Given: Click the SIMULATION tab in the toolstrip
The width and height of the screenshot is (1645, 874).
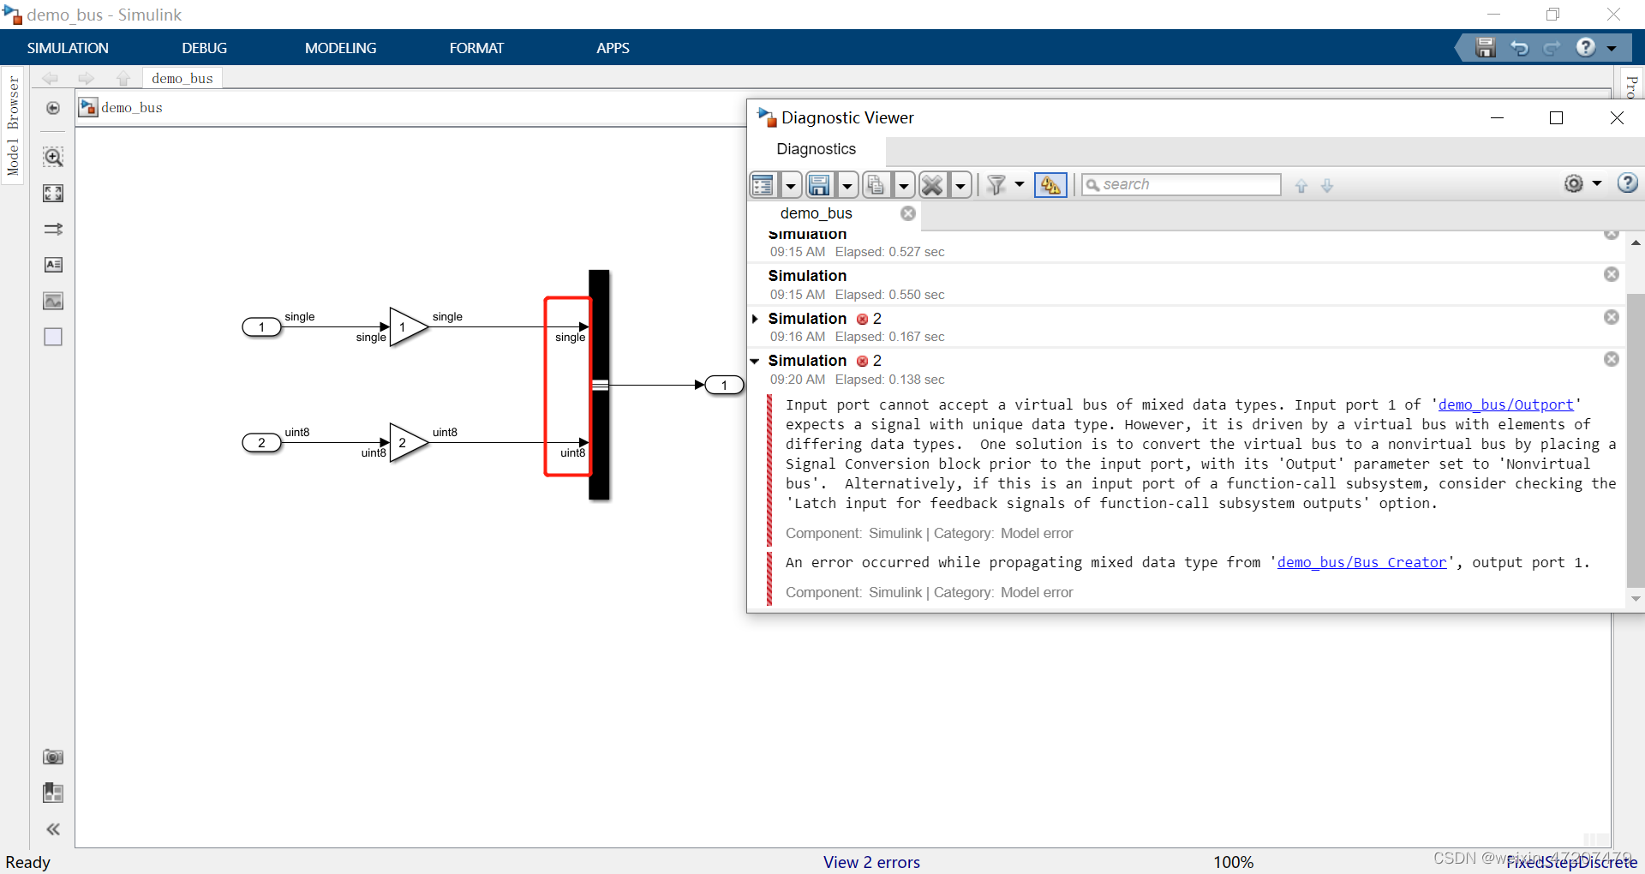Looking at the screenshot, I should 68,48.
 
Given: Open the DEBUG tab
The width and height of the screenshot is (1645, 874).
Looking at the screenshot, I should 204,48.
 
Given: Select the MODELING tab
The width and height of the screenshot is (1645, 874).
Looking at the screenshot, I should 340,48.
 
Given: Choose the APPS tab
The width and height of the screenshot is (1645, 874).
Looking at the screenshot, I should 613,48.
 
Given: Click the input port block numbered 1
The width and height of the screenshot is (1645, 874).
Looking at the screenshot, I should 261,326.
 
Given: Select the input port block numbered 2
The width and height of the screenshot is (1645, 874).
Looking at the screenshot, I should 261,442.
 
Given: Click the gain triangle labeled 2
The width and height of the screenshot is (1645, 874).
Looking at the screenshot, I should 406,442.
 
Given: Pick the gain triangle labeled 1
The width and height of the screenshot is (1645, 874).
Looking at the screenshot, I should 406,326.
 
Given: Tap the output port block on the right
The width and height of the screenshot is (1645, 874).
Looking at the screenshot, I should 724,385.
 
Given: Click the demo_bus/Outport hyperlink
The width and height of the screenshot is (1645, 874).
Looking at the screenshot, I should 1505,404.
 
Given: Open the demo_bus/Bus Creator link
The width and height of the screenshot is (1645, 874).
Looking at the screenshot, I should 1361,562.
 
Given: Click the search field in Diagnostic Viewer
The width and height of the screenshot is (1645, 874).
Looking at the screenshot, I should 1187,184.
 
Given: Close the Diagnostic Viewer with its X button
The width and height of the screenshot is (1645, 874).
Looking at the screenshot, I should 1617,117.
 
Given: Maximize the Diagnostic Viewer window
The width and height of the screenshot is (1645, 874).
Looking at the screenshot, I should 1556,117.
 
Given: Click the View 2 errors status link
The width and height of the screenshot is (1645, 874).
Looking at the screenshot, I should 871,862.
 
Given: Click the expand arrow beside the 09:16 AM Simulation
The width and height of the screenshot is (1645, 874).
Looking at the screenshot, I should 755,319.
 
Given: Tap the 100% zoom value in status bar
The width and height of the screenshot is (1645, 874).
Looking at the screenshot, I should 1233,862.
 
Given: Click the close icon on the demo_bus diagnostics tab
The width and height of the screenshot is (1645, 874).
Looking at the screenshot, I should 908,213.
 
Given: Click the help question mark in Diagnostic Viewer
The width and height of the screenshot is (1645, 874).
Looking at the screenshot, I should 1627,183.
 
